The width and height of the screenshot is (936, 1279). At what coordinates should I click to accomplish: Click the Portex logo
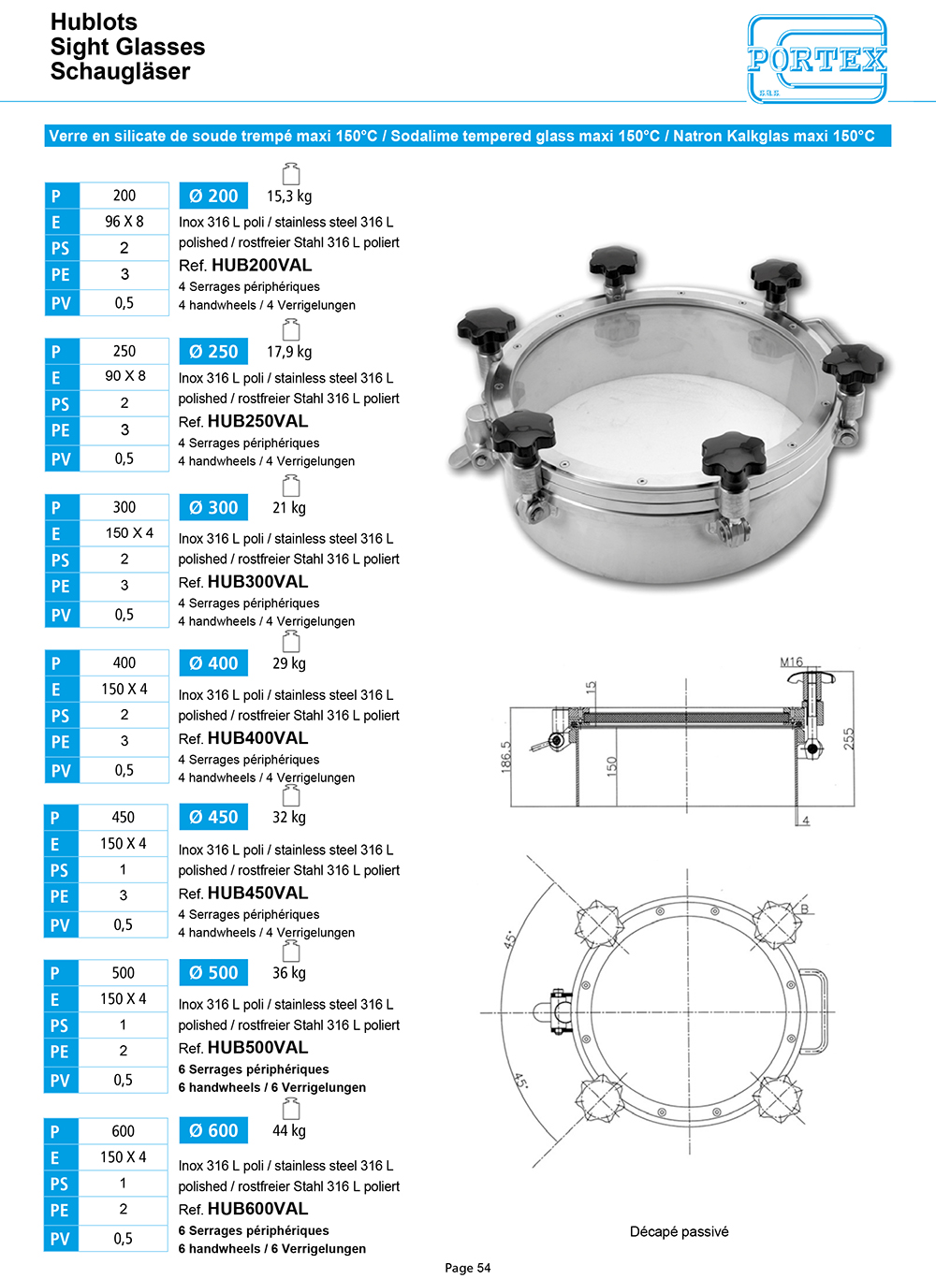tap(817, 59)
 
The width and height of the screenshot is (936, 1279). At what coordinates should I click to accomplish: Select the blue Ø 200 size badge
tap(213, 196)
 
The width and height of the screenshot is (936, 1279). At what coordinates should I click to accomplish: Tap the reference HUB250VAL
tap(257, 421)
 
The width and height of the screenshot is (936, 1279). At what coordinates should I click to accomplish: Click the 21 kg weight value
tap(289, 508)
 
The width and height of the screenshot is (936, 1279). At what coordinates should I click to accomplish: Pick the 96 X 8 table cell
tap(124, 222)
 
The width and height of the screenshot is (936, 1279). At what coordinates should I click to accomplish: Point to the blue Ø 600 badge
tap(213, 1130)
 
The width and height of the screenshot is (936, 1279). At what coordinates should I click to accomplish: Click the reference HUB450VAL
tap(257, 894)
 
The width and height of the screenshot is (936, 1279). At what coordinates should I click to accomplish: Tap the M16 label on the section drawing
tap(792, 662)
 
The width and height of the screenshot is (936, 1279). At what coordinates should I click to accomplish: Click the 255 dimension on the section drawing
tap(848, 738)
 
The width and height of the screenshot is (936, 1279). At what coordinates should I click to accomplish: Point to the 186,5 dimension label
tap(506, 757)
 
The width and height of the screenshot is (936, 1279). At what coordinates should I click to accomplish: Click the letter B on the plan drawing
tap(804, 909)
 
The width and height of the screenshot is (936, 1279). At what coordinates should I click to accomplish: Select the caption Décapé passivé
tap(679, 1231)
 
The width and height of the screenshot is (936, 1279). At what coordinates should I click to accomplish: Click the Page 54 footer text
tap(468, 1268)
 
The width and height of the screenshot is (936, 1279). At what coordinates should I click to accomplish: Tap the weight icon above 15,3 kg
tap(291, 174)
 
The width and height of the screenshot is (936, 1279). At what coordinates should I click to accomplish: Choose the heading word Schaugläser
tap(120, 72)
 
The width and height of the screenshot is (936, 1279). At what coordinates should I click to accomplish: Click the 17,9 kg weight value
tap(289, 352)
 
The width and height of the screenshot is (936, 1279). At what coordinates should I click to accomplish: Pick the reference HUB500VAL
tap(257, 1048)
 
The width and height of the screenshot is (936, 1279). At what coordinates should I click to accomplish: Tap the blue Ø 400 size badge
tap(213, 663)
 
